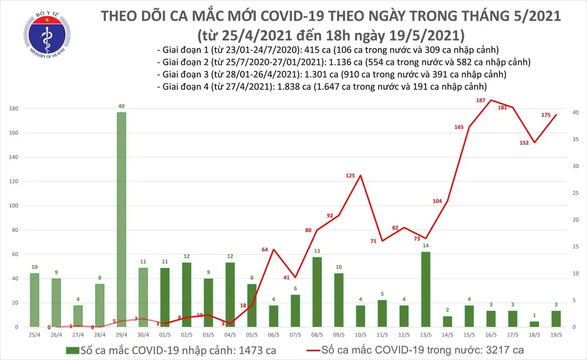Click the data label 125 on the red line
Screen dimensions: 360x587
(x=350, y=168)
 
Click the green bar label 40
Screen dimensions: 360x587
(x=122, y=106)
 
